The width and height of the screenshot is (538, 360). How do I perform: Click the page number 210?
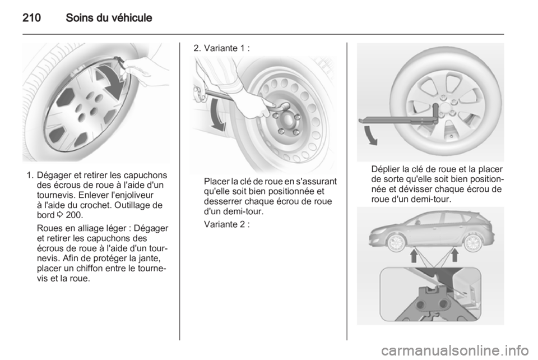click(31, 17)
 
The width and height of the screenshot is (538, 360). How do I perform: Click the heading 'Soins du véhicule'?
click(109, 17)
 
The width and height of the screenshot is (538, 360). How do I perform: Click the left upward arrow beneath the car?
click(414, 255)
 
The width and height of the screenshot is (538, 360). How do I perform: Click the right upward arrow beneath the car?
click(454, 255)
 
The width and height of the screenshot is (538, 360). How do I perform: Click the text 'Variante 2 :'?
click(227, 224)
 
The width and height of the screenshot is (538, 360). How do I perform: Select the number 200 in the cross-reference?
click(73, 215)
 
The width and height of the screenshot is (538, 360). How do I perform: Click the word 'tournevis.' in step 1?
click(56, 195)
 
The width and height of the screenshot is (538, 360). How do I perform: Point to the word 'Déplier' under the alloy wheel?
click(386, 169)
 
